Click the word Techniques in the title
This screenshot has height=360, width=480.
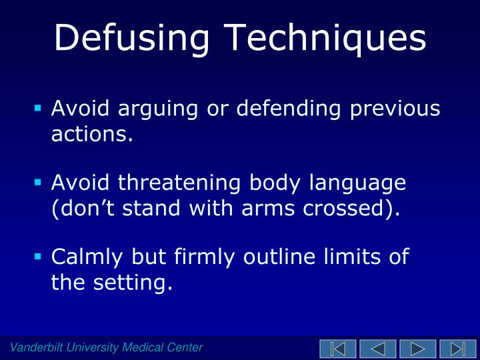tap(328, 39)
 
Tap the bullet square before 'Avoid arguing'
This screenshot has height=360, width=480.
tap(39, 107)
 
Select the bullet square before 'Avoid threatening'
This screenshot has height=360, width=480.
tap(39, 181)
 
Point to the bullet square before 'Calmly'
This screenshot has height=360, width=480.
tap(39, 255)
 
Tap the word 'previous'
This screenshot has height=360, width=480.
tap(404, 108)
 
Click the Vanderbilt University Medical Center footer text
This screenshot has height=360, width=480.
tap(106, 347)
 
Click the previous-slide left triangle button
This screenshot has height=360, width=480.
tap(378, 348)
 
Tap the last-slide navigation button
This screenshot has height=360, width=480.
tap(458, 348)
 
